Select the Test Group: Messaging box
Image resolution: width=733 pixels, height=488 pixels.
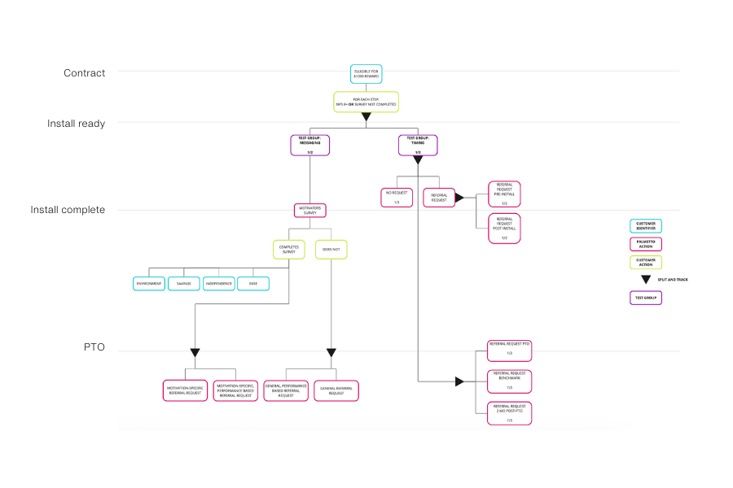point(309,145)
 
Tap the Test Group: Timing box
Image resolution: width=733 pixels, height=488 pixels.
point(418,145)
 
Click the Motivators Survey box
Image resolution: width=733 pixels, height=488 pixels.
point(309,210)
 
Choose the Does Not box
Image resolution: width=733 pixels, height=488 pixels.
point(331,248)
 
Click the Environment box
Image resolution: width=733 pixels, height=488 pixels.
point(148,284)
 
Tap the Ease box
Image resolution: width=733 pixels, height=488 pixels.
point(253,284)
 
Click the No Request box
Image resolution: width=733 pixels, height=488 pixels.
point(397,198)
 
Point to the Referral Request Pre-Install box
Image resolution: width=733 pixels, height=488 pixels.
point(504,194)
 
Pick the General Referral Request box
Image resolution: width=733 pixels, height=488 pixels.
point(336,390)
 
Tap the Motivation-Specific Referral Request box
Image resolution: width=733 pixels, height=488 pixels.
point(184,390)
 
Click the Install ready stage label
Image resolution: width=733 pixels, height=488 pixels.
point(76,124)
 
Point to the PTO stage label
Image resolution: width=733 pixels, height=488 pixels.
point(94,347)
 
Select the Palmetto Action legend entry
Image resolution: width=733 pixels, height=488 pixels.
point(646,244)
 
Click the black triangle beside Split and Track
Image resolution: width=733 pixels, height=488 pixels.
point(646,279)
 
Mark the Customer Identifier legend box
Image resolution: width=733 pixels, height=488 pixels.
point(646,226)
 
